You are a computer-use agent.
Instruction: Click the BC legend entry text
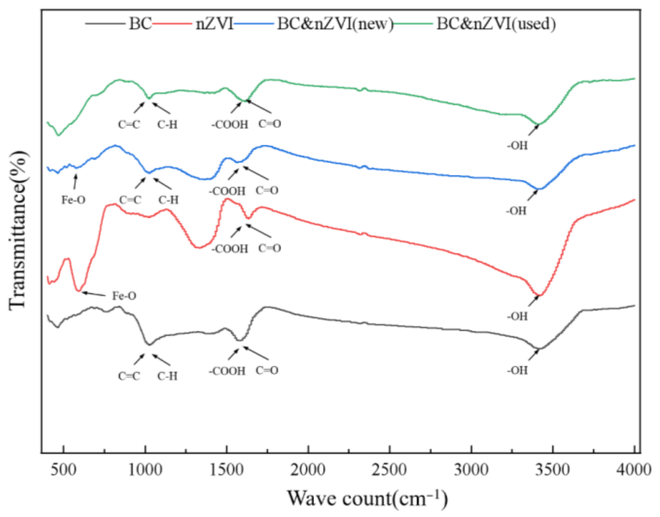click(x=140, y=24)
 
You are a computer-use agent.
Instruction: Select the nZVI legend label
click(x=214, y=24)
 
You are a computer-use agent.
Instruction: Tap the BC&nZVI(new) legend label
click(x=335, y=24)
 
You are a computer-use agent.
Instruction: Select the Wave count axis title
click(x=368, y=498)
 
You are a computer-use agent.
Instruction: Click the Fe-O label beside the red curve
click(x=124, y=296)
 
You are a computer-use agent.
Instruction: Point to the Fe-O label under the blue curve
click(x=74, y=200)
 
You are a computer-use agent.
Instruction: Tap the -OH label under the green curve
click(x=517, y=146)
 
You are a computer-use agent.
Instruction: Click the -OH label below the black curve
click(x=517, y=370)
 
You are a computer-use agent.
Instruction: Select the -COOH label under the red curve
click(x=230, y=249)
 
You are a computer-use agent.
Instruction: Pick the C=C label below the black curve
click(x=129, y=376)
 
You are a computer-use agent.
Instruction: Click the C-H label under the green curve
click(x=167, y=124)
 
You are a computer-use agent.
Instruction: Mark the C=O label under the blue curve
click(x=267, y=190)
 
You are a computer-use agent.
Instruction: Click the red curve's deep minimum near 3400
click(x=539, y=295)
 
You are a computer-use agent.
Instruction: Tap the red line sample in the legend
click(x=172, y=24)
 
